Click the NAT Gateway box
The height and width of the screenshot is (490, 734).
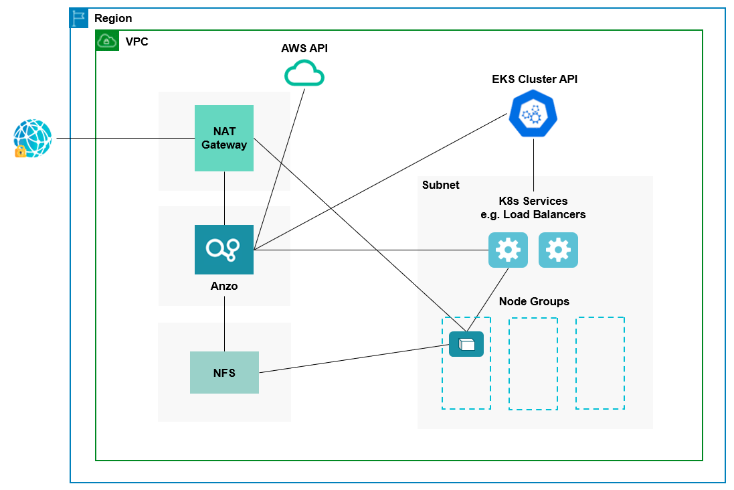click(223, 138)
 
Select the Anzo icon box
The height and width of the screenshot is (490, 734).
click(223, 250)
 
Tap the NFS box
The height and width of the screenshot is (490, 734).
click(224, 373)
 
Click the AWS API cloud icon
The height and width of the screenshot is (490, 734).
click(304, 74)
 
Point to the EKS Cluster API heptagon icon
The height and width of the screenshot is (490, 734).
click(533, 114)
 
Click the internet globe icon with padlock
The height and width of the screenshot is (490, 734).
click(32, 139)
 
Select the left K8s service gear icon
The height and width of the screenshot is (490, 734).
click(508, 250)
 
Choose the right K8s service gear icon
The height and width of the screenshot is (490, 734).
click(558, 250)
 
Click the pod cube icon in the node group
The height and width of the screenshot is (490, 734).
click(466, 344)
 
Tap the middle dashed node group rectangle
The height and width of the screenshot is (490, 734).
click(533, 363)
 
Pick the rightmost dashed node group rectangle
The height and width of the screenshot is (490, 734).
click(600, 363)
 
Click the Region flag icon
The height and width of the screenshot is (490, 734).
click(79, 18)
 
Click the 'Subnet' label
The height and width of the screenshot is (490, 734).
click(440, 185)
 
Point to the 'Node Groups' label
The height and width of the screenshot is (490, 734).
click(534, 301)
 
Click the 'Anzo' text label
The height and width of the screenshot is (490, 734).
click(224, 286)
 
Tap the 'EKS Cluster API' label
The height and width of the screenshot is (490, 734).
click(534, 79)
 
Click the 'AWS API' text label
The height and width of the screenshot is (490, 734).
click(304, 49)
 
